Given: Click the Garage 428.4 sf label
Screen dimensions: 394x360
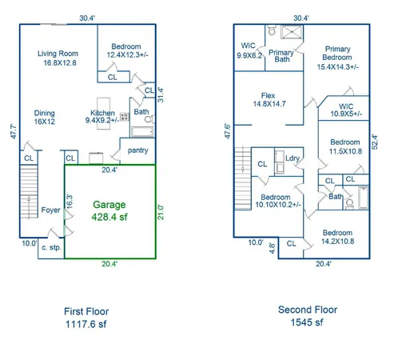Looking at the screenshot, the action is click(109, 210).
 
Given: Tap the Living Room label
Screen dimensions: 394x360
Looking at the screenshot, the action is click(58, 54).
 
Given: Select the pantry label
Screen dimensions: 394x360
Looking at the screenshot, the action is click(137, 150).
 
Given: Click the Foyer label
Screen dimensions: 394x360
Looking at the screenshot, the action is click(50, 210).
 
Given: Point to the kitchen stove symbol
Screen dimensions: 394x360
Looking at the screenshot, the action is click(125, 117).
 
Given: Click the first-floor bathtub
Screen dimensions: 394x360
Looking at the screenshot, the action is click(142, 132).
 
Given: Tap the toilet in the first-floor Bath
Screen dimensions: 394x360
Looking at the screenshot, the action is click(150, 119).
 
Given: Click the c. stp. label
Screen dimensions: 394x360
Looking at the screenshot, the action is click(51, 248).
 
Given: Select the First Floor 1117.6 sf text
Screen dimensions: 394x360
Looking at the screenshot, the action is click(86, 318).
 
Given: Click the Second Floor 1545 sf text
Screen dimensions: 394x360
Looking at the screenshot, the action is click(308, 316).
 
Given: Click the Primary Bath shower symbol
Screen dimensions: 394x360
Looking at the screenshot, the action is click(292, 32).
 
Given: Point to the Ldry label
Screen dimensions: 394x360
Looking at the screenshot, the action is click(293, 158).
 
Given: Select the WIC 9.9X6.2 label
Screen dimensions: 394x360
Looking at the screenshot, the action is click(249, 50).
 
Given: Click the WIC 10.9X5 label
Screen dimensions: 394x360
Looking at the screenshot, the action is click(346, 110).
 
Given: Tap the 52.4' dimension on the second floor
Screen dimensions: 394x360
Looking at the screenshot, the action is click(375, 142).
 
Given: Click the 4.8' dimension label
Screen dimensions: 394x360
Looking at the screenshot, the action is click(272, 248).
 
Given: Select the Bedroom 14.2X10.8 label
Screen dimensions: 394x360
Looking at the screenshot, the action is click(337, 237).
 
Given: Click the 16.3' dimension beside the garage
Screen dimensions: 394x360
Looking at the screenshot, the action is click(69, 202).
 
